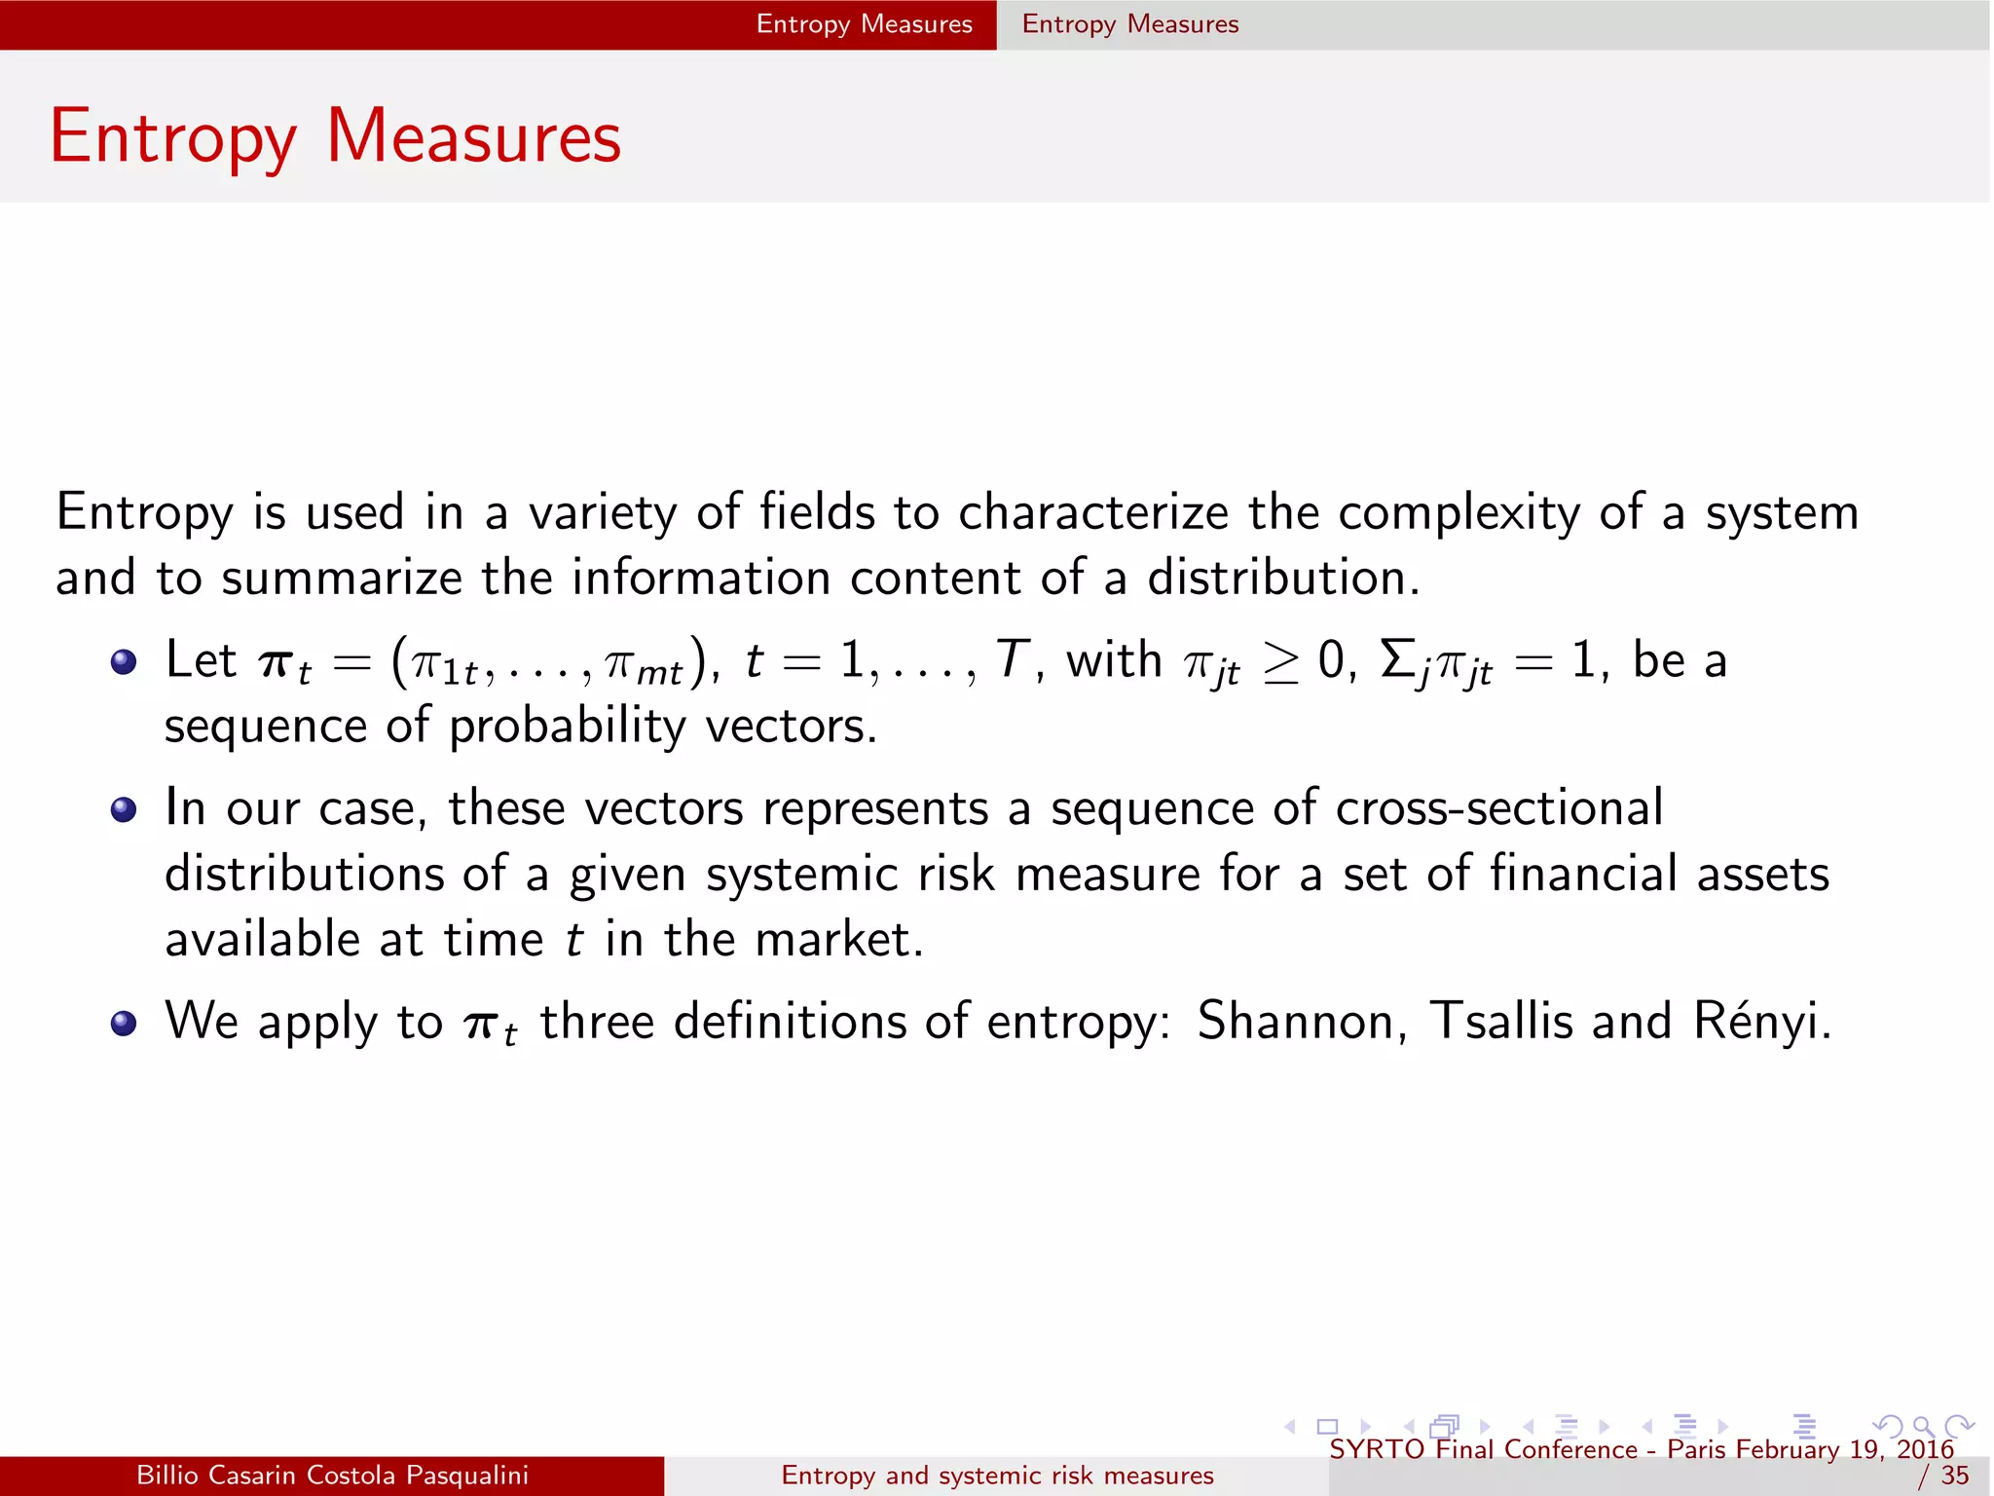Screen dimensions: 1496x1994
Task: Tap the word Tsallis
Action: (1500, 1022)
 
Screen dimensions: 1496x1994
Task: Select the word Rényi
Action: (1760, 1022)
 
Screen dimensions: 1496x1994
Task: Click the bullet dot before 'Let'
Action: (124, 663)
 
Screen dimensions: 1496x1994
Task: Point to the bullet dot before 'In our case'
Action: (124, 810)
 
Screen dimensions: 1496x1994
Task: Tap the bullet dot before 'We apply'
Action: (124, 1024)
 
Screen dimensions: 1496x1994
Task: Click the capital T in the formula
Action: (1012, 659)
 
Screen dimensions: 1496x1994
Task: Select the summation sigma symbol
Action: (1397, 659)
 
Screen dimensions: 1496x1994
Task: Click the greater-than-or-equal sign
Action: (1280, 663)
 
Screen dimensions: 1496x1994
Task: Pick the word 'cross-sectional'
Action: (1499, 808)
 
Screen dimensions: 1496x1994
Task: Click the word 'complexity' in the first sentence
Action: (1459, 514)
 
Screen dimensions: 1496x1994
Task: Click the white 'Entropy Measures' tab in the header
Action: (864, 24)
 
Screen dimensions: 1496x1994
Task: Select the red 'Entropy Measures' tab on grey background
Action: (1130, 24)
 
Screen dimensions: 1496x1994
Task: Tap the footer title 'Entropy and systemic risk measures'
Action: (997, 1476)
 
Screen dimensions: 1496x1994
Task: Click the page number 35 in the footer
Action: (1955, 1476)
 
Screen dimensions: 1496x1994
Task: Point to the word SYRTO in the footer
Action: (1377, 1449)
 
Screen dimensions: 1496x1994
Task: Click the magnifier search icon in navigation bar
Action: (1923, 1427)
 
